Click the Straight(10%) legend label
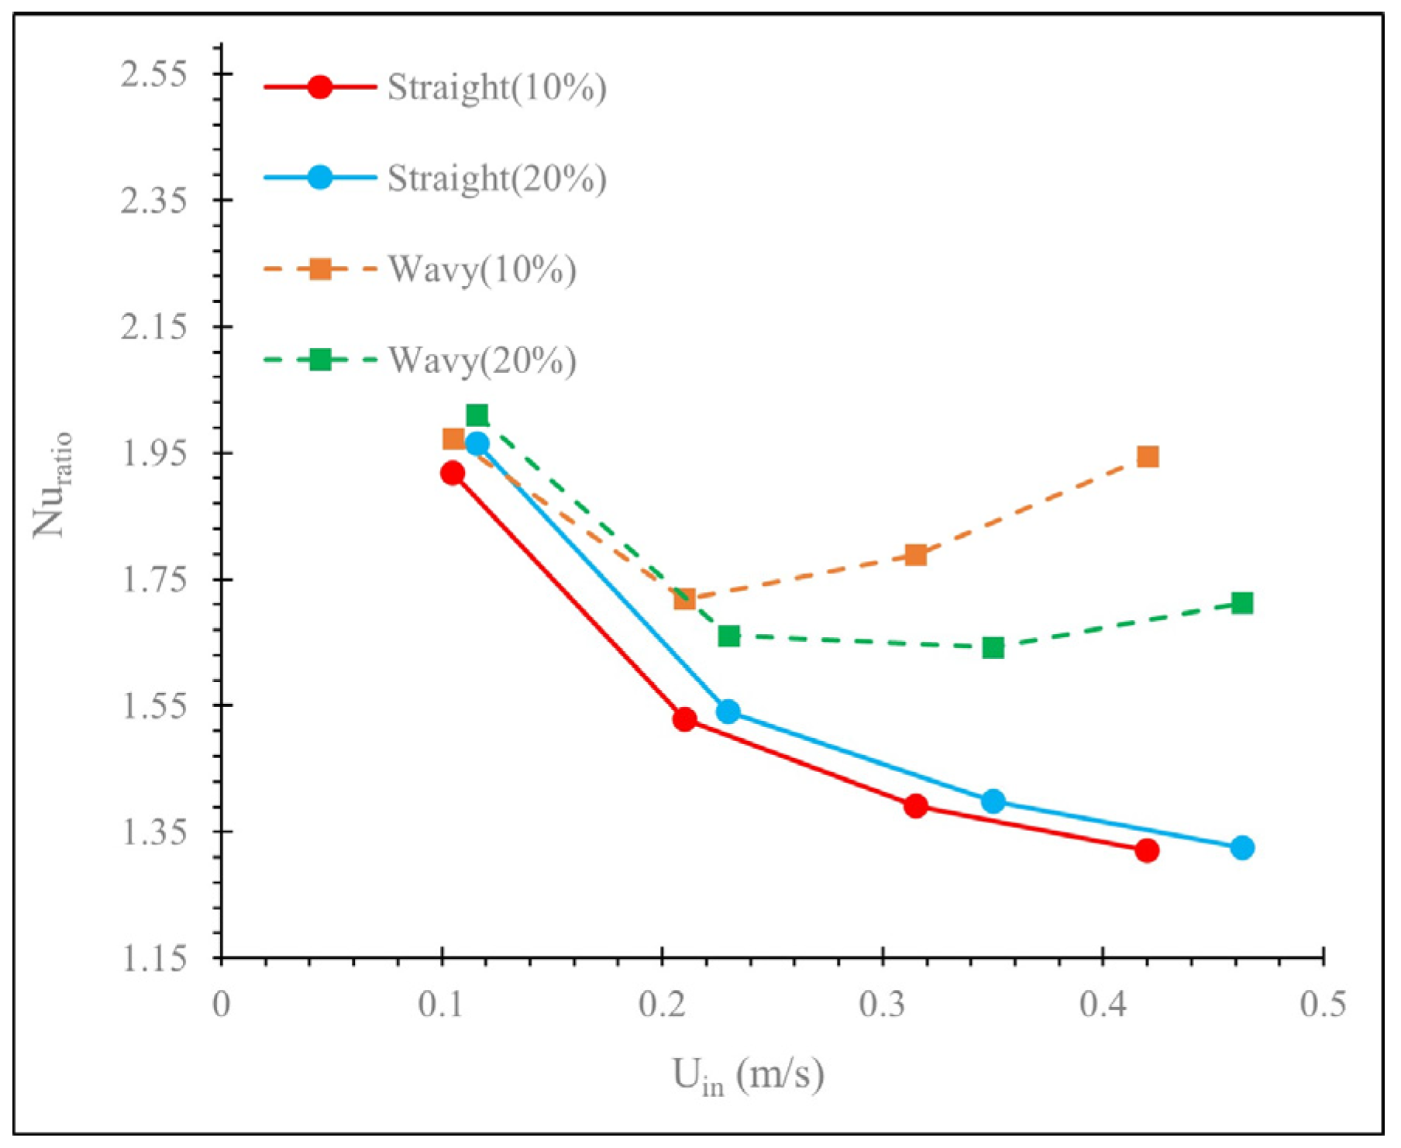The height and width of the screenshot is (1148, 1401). click(x=496, y=87)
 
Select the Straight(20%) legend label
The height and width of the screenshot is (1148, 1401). click(x=496, y=178)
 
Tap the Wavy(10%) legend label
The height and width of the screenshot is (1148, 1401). click(x=482, y=270)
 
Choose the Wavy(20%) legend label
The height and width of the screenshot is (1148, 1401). click(x=482, y=361)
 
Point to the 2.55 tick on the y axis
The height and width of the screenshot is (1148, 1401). click(x=154, y=75)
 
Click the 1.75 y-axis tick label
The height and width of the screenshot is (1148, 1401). click(x=154, y=581)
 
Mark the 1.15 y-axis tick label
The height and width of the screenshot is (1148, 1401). click(x=154, y=960)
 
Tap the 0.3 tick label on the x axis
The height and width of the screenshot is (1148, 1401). click(x=882, y=1005)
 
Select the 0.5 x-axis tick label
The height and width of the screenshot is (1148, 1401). click(x=1323, y=1005)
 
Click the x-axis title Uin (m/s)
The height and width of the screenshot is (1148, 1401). click(x=748, y=1075)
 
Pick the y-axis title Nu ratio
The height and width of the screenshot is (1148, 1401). click(x=53, y=485)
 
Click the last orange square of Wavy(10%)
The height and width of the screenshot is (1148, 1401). click(x=1148, y=457)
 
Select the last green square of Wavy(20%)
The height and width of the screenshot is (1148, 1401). click(x=1242, y=603)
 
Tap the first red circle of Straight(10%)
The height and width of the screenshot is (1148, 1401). click(x=453, y=473)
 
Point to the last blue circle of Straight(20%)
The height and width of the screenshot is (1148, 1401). click(x=1242, y=847)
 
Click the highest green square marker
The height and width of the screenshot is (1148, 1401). click(x=477, y=415)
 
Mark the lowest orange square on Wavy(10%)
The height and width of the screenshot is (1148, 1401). click(x=684, y=598)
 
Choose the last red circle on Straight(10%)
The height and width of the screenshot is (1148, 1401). click(x=1148, y=850)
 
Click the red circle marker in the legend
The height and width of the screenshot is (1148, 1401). click(x=320, y=86)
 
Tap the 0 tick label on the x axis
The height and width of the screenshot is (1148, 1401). click(x=222, y=1005)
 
